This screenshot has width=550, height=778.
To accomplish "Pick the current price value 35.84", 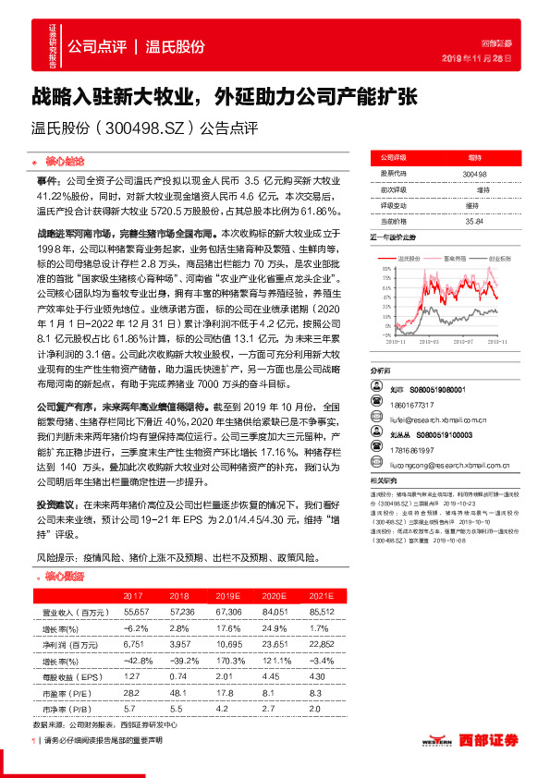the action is (474, 221).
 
